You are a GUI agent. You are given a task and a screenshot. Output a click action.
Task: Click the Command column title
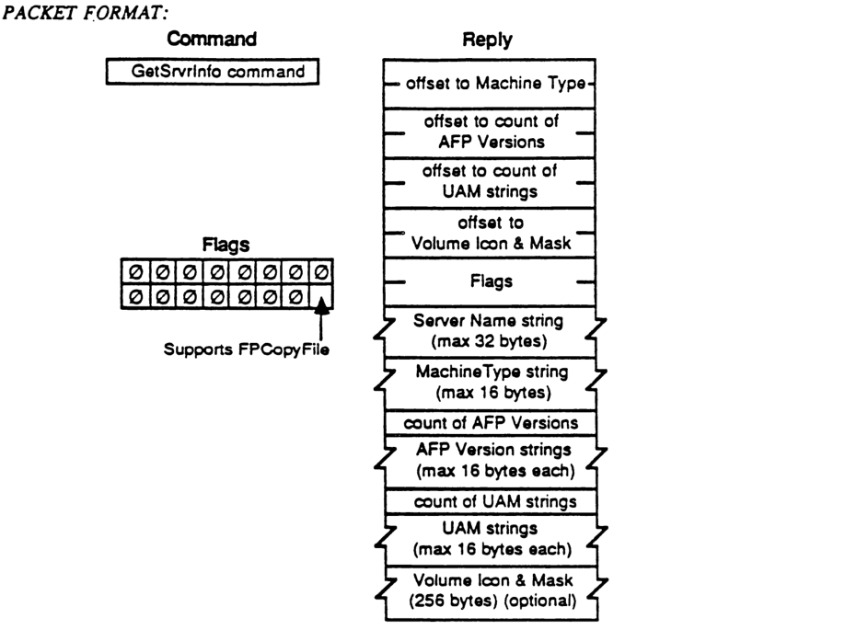(x=213, y=40)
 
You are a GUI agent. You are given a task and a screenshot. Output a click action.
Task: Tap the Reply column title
(x=490, y=40)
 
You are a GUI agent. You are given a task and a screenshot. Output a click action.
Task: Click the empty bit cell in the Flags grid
(x=321, y=298)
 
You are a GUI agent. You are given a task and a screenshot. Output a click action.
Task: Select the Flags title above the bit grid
(x=226, y=246)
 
